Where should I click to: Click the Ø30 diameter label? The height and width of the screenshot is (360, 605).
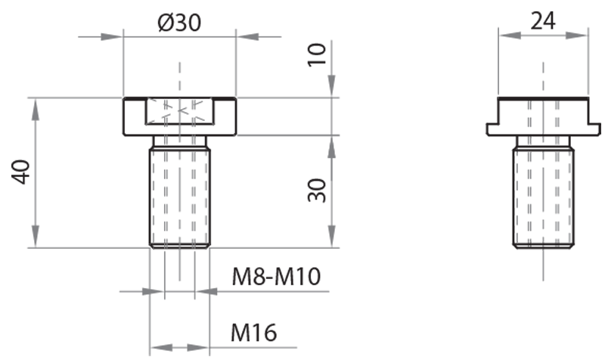click(179, 23)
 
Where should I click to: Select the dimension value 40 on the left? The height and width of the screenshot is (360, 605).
click(22, 172)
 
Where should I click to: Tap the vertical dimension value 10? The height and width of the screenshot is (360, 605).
click(319, 54)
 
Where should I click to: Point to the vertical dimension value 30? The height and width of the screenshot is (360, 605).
click(319, 190)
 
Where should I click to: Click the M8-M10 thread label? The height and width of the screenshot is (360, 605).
click(276, 278)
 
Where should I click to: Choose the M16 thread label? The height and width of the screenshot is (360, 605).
click(253, 331)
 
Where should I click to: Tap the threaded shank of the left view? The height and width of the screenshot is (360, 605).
click(179, 197)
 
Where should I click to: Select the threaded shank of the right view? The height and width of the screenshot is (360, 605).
click(542, 197)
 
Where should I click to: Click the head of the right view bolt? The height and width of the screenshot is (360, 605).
click(542, 113)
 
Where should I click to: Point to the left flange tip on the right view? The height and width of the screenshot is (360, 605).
click(490, 130)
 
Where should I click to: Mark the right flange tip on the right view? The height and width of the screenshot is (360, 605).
click(595, 130)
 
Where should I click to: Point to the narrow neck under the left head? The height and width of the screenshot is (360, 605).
click(179, 141)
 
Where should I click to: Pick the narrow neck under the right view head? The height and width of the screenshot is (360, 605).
click(542, 141)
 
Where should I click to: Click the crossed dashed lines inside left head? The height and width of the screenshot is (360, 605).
click(179, 112)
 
